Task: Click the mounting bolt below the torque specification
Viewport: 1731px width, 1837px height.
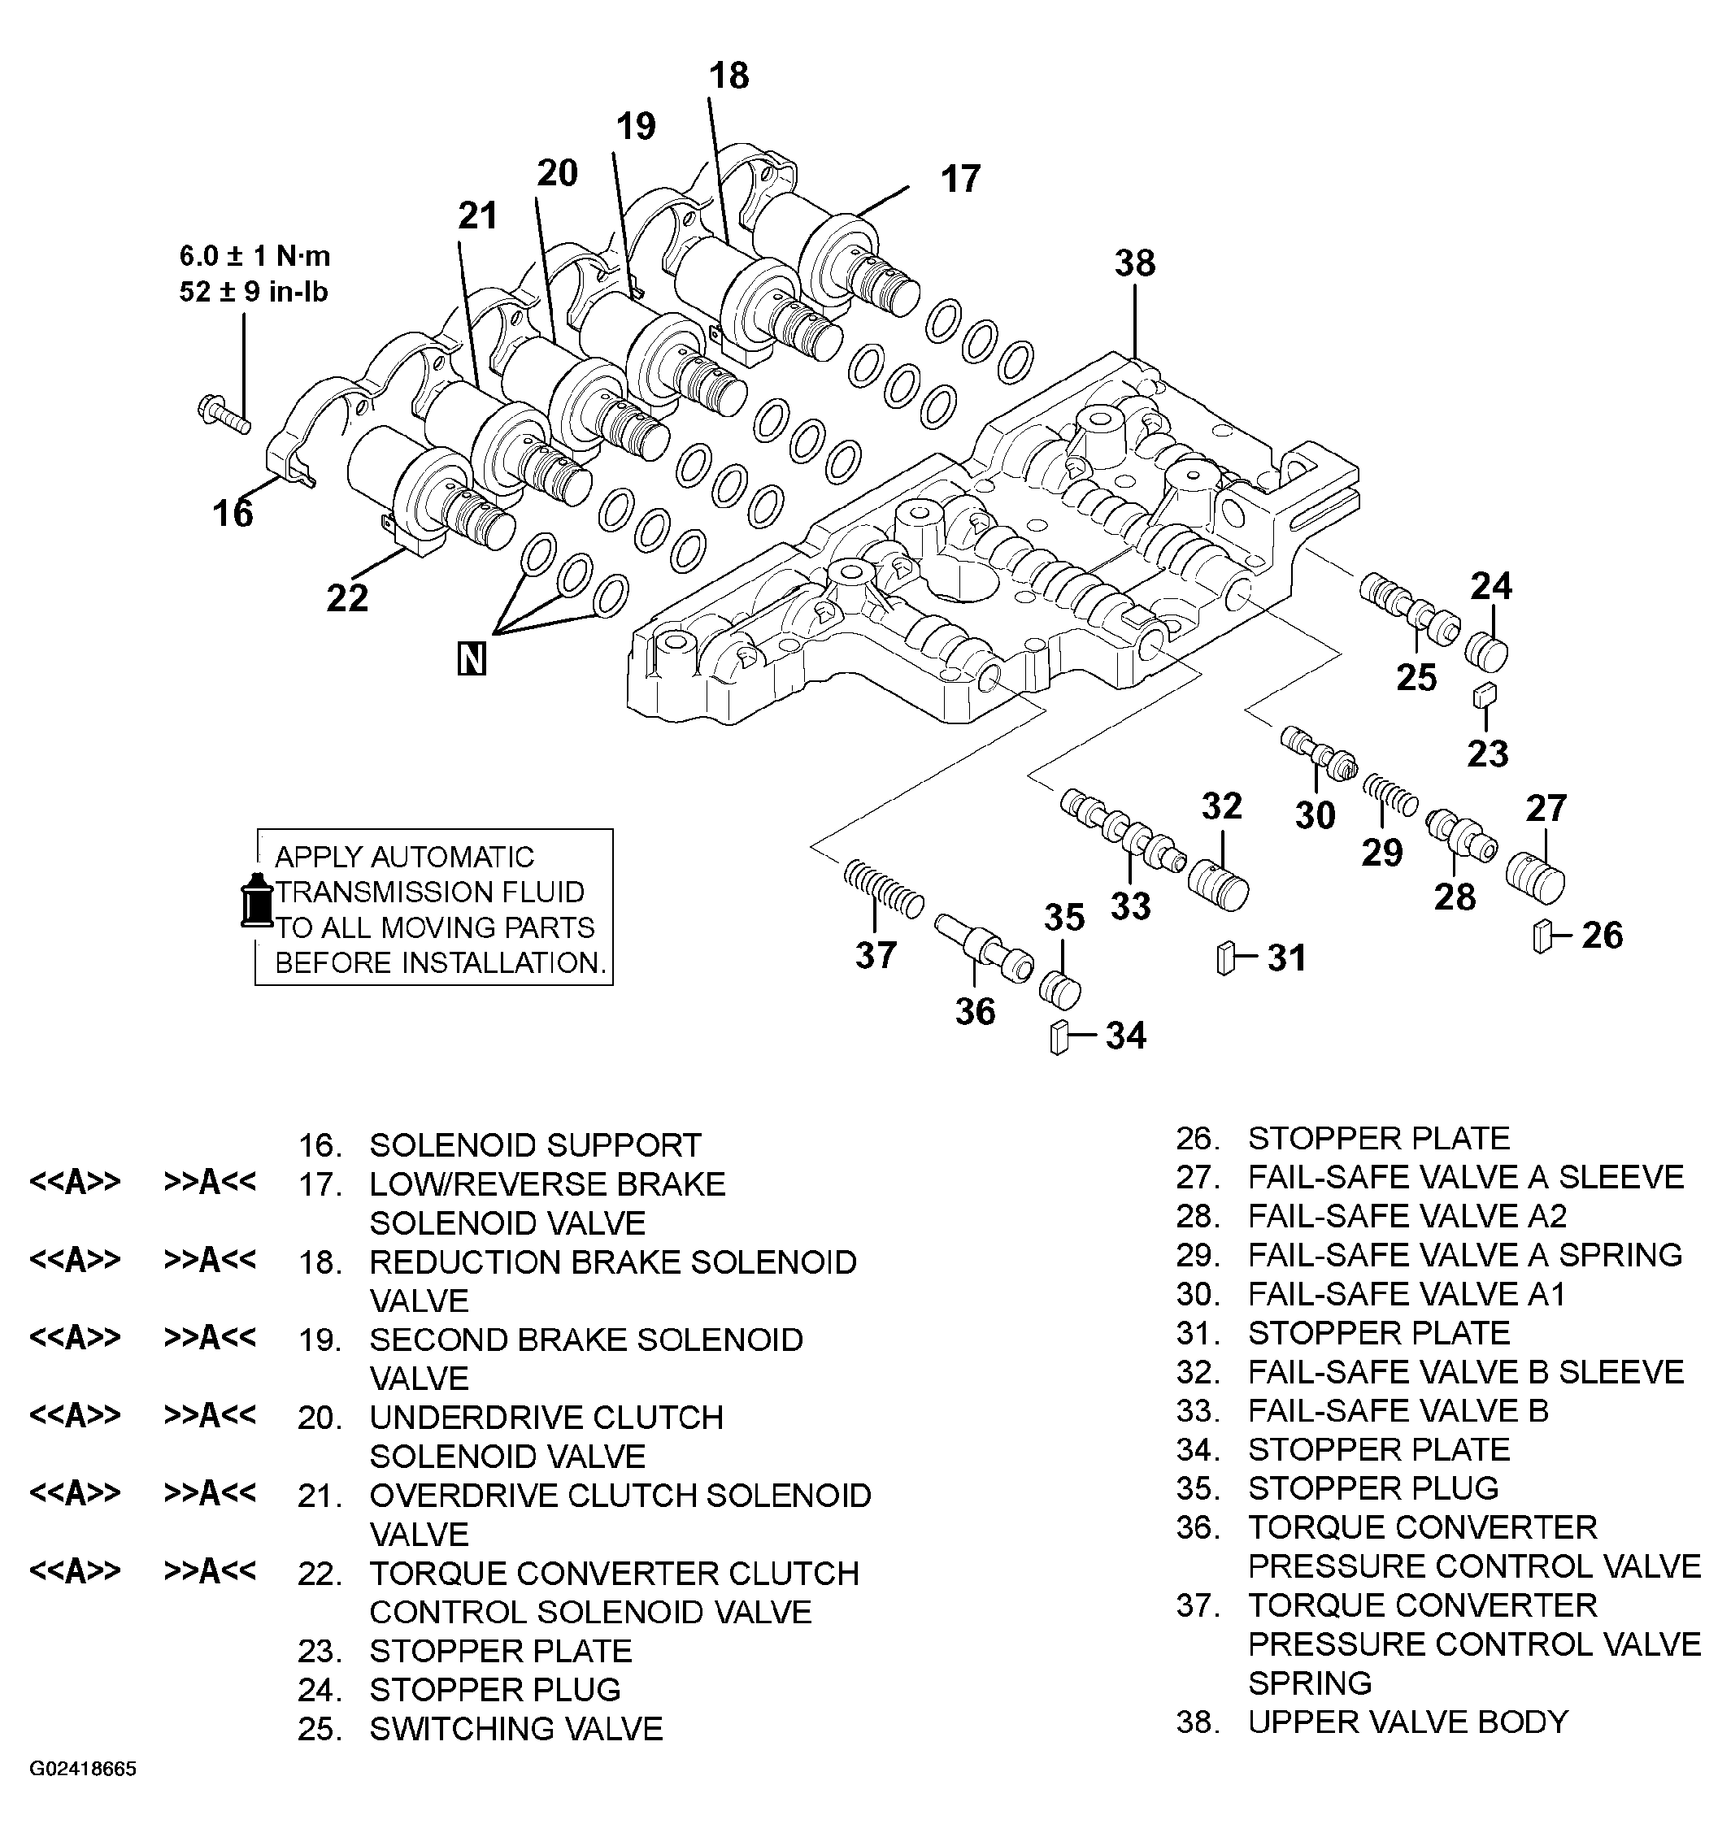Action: click(223, 414)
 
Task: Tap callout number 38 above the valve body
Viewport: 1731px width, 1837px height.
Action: click(1134, 263)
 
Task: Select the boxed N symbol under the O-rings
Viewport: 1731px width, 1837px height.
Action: click(472, 660)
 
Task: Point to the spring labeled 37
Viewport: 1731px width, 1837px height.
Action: click(883, 888)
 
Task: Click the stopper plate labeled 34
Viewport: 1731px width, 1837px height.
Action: click(1059, 1038)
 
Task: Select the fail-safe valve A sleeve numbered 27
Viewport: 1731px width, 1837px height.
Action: click(1535, 878)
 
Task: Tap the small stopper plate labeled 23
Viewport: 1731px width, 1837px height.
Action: click(1485, 695)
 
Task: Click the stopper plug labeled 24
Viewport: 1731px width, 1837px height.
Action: click(1486, 653)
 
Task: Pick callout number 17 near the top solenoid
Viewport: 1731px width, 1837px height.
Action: click(959, 178)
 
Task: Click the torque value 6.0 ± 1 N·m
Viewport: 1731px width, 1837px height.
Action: click(255, 256)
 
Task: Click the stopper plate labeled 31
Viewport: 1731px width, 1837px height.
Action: click(1226, 958)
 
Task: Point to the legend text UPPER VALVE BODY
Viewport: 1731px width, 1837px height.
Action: click(1407, 1722)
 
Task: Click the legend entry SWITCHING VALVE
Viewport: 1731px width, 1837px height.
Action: click(515, 1728)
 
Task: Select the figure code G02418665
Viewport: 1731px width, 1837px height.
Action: click(83, 1769)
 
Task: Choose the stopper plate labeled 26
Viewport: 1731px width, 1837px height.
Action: click(1541, 936)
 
